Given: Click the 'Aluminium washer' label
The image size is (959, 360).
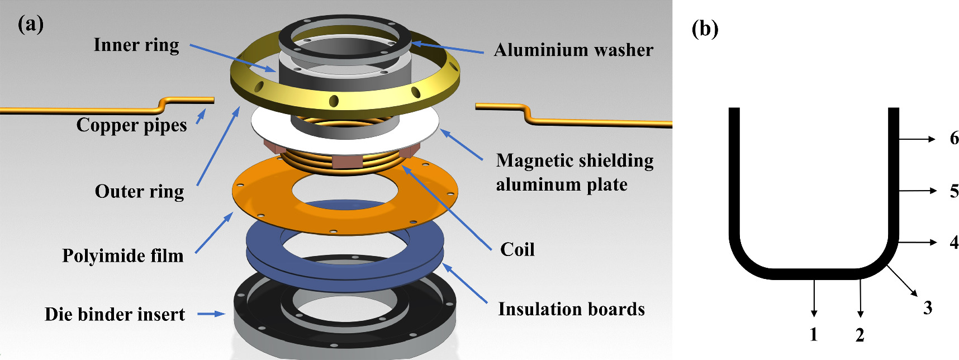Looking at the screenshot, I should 573,50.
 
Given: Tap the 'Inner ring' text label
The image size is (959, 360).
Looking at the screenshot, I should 136,45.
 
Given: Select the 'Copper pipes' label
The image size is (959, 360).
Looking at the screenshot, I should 131,125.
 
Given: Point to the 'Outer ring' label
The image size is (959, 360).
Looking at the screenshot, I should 139,192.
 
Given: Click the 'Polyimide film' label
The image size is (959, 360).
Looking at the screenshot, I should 122,256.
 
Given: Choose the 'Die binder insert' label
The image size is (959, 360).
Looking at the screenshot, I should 115,314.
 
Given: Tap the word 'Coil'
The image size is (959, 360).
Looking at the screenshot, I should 517,249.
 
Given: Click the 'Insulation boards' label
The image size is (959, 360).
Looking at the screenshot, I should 571,309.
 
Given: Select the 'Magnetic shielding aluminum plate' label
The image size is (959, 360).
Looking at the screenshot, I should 575,172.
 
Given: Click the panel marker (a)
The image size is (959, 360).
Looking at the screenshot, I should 31,25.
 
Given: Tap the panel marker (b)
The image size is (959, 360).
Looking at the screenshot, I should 705,29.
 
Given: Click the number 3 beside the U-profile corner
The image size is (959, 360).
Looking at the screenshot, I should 928,307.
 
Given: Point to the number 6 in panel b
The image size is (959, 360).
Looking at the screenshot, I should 954,139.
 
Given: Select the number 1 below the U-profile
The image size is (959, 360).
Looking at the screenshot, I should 814,335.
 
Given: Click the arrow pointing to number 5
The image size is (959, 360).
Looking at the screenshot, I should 917,191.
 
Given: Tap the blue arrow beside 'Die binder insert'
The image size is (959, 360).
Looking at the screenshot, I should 211,314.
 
